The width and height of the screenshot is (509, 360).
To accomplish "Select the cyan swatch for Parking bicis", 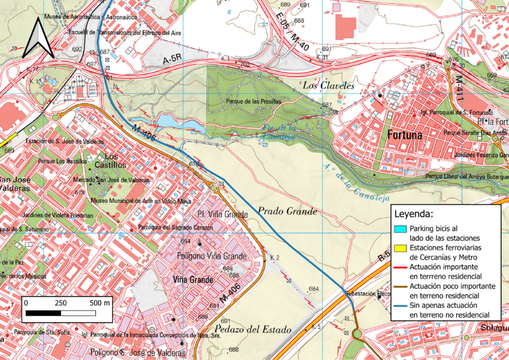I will pos(400,228).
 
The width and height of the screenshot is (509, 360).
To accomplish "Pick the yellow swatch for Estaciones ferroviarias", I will pos(400,247).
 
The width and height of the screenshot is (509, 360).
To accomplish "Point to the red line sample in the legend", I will pos(400,267).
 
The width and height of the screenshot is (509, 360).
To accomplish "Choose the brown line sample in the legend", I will pos(400,286).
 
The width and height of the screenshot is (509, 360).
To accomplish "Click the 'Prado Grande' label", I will pos(287,211).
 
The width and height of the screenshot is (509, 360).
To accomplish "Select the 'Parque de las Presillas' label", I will pos(254,101).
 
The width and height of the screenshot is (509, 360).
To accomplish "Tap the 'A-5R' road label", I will pos(172,60).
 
